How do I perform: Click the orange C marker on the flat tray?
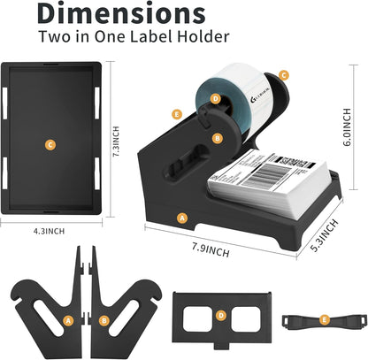[x=50, y=143]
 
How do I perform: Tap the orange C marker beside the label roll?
[x=283, y=76]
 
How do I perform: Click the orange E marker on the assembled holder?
[x=178, y=114]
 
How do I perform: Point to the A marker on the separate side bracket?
[x=68, y=319]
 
